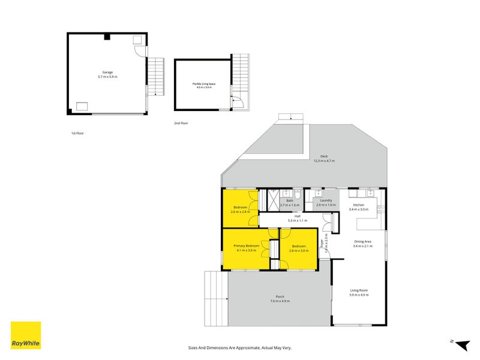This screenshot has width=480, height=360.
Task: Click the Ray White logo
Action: (26, 335)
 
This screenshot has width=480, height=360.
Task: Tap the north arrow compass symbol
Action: (461, 344)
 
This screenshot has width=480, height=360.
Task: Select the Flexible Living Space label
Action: (202, 84)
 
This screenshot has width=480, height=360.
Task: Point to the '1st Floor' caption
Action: (76, 133)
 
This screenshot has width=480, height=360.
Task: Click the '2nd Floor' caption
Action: (181, 123)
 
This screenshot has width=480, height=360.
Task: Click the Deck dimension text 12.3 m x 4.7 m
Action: (324, 161)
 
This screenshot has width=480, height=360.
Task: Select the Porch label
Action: (280, 297)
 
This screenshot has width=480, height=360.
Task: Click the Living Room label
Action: (359, 291)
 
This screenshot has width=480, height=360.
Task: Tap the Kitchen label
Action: (359, 205)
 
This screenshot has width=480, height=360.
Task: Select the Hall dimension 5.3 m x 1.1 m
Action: (297, 220)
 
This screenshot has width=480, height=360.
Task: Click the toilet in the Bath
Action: (296, 193)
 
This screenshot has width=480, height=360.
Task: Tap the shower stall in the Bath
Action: (274, 199)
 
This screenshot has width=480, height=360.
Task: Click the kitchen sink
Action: (369, 193)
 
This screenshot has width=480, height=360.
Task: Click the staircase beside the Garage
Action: (155, 76)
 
